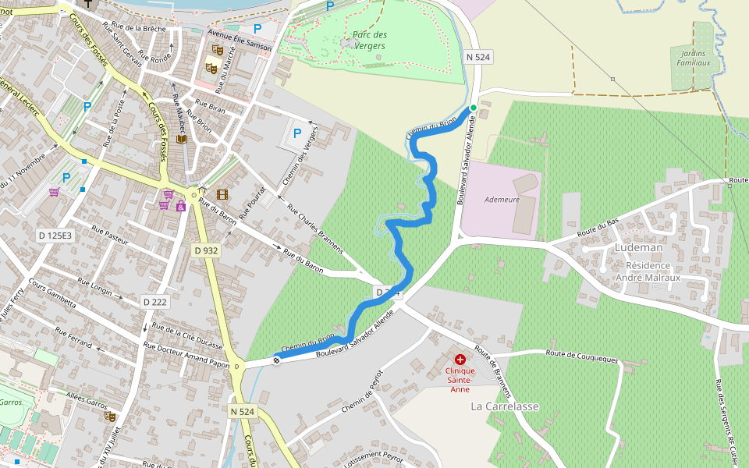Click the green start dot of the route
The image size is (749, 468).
tap(473, 108)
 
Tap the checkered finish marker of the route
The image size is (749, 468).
tap(276, 360)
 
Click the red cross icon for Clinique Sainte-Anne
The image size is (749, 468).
tap(460, 360)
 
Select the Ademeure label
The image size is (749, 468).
tap(502, 199)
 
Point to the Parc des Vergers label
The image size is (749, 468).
tap(369, 41)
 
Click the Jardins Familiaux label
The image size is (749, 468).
tap(694, 58)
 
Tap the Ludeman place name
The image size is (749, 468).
tap(638, 247)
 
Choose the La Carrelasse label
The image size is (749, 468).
tap(505, 406)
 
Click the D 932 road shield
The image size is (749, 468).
tap(205, 250)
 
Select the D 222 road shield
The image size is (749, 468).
tap(156, 301)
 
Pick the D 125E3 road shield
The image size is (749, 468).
tap(55, 235)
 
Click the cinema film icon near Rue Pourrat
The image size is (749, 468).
tap(222, 194)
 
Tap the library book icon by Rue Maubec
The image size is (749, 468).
tap(182, 139)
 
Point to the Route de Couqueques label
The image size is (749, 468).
tap(582, 356)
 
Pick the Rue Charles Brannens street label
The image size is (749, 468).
tap(315, 229)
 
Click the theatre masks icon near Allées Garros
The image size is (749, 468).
tap(110, 417)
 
